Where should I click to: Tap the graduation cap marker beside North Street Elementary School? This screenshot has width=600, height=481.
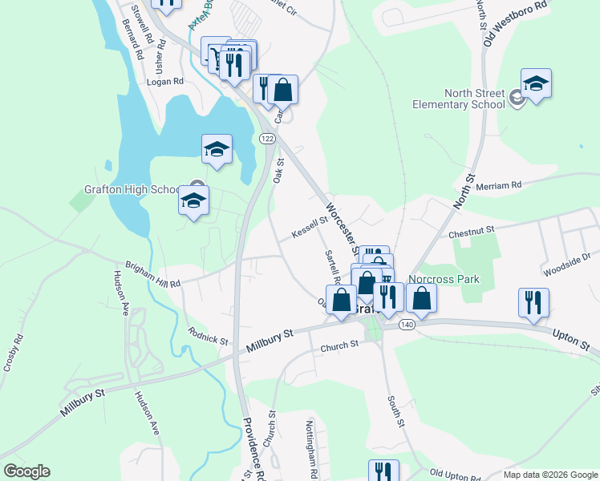click(x=535, y=83)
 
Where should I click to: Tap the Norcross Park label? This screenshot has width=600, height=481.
click(x=444, y=280)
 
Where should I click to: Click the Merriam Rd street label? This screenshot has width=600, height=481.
click(x=498, y=185)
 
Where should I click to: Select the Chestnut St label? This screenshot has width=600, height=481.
click(x=472, y=230)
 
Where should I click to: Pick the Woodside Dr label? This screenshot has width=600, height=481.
click(x=566, y=265)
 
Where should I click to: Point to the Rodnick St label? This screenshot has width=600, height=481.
click(x=208, y=334)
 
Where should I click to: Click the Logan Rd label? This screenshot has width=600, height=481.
click(x=165, y=82)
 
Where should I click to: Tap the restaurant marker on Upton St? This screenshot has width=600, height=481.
click(x=533, y=302)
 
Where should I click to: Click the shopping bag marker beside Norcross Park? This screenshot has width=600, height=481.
click(x=422, y=298)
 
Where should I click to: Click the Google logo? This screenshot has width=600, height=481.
click(x=26, y=471)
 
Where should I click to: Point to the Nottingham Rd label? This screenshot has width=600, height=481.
click(x=311, y=446)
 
